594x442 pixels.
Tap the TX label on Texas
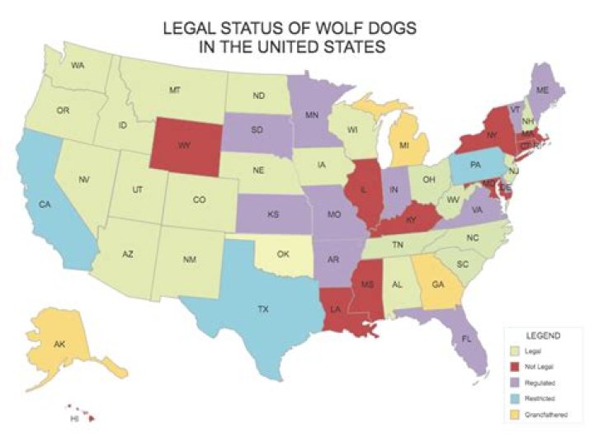[x=262, y=309]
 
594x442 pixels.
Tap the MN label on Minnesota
[x=312, y=116]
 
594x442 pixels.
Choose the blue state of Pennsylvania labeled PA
[x=475, y=166]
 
